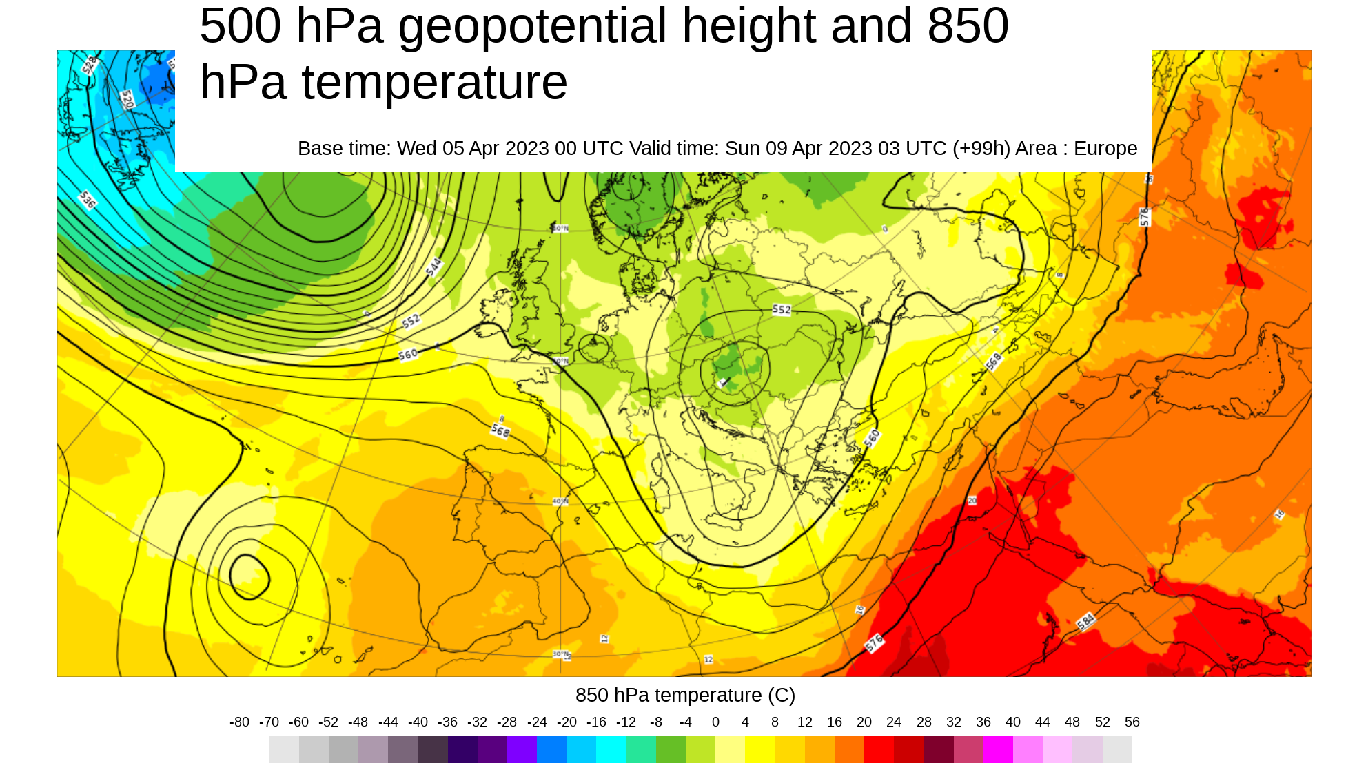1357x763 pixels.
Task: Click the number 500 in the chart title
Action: click(240, 26)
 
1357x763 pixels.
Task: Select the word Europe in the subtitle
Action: click(1105, 149)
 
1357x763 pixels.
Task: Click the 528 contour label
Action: click(90, 65)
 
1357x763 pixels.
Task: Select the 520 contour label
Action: click(127, 100)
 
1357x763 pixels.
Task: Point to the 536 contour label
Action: click(88, 200)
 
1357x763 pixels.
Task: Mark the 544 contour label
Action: click(434, 267)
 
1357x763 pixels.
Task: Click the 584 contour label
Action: click(1085, 621)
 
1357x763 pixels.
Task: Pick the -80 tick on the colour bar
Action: click(239, 722)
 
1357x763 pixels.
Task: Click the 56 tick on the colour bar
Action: click(1132, 722)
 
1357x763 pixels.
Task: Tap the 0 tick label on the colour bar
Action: click(715, 722)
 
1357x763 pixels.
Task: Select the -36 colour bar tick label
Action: click(447, 722)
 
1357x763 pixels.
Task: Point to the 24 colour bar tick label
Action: click(894, 722)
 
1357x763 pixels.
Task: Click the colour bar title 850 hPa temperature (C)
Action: click(685, 696)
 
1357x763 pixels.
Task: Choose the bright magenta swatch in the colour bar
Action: click(998, 749)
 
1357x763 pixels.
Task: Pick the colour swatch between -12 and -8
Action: click(641, 749)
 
